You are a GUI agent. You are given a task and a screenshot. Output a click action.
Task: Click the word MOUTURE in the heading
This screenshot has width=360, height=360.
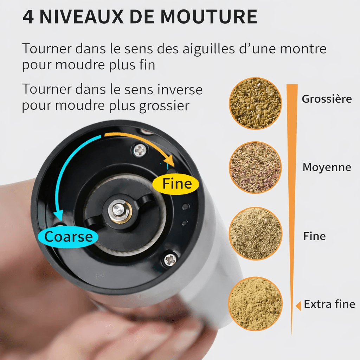(x=208, y=17)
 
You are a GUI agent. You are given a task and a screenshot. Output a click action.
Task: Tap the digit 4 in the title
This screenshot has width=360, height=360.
(x=28, y=17)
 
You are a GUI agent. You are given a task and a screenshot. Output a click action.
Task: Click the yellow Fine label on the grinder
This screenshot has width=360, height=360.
(x=176, y=184)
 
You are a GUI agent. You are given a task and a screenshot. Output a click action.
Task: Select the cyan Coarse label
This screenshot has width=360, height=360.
(x=68, y=237)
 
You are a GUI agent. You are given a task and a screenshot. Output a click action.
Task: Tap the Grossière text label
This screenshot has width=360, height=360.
(x=327, y=99)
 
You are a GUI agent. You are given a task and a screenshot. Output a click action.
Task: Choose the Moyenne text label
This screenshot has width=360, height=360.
(x=327, y=167)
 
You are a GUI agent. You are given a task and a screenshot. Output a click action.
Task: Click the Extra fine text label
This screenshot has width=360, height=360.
(x=329, y=304)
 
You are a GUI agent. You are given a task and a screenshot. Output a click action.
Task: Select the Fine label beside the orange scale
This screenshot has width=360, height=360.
(x=314, y=236)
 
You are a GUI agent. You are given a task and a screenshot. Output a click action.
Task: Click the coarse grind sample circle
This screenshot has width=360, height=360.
(x=255, y=103)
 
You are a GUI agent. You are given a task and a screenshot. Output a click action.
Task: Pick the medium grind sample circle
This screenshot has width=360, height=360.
(x=255, y=167)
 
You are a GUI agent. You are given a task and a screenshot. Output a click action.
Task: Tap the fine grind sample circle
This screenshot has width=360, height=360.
(x=255, y=234)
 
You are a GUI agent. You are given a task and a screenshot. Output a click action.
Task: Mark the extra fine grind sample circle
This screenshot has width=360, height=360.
(x=255, y=304)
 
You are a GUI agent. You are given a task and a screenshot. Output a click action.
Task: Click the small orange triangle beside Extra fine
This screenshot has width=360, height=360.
(x=298, y=306)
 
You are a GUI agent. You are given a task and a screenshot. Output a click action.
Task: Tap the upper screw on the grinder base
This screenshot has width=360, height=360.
(x=140, y=150)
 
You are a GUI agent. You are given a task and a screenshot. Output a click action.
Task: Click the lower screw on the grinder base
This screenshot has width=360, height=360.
(x=171, y=259)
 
